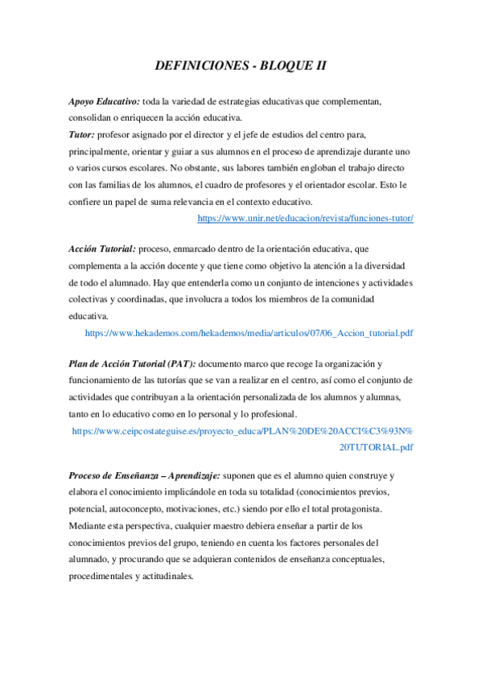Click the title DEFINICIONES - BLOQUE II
tap(241, 66)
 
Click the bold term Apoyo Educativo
tap(104, 102)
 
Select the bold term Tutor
tap(82, 134)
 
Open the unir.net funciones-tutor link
tap(305, 218)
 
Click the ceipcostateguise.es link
tap(242, 431)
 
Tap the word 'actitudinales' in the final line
tap(165, 576)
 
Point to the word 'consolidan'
tap(94, 118)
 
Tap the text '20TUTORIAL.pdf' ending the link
tap(376, 447)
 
